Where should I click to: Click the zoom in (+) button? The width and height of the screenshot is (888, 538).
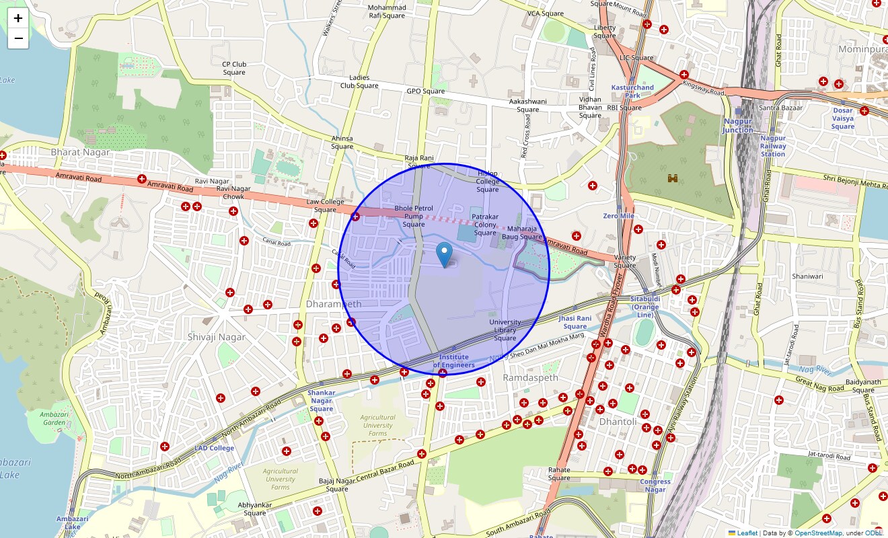click(18, 18)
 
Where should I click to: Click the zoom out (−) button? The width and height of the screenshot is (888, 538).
click(18, 38)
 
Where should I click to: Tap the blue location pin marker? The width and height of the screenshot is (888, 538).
click(444, 255)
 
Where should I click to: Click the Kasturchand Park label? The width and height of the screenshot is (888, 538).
click(632, 91)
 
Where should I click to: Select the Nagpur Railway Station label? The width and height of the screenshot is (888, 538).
click(773, 146)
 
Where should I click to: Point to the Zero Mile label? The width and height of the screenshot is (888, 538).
click(618, 216)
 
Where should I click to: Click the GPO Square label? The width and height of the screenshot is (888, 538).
click(425, 91)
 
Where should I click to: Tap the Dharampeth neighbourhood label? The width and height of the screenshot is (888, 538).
click(334, 304)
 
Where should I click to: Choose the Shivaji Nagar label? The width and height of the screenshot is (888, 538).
click(217, 337)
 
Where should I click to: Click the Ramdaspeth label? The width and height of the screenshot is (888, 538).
click(531, 378)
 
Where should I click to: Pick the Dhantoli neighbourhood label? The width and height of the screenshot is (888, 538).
click(618, 422)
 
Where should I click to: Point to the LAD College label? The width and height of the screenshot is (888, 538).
click(214, 448)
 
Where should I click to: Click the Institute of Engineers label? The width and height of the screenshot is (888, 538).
click(453, 361)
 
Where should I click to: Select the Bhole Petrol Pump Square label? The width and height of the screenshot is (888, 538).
click(414, 216)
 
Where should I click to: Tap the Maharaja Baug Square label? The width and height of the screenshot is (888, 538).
click(521, 233)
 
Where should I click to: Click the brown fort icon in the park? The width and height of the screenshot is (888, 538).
click(672, 178)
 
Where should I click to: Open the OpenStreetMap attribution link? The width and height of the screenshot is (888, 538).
click(818, 533)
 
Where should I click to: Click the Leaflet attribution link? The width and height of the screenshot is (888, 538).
click(747, 533)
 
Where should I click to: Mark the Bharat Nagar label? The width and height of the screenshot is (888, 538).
click(80, 152)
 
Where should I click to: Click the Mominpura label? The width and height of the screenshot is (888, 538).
click(862, 49)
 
